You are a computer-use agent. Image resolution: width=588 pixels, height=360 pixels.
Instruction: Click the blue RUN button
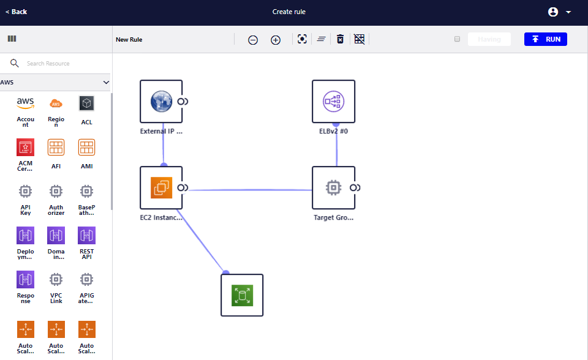tap(545, 39)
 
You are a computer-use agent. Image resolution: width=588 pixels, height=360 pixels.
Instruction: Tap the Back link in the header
tap(17, 12)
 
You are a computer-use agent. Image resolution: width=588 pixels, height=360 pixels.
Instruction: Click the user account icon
tap(553, 12)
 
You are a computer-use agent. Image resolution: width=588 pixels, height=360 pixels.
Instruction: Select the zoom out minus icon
tap(253, 40)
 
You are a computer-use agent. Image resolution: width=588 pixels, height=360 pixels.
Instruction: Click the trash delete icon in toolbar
tap(340, 39)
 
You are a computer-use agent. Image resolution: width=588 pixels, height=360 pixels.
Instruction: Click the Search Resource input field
tap(61, 64)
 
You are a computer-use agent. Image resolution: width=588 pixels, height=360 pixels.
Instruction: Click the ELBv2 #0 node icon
tap(333, 101)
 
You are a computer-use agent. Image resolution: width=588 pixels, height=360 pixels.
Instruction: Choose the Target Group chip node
tap(333, 187)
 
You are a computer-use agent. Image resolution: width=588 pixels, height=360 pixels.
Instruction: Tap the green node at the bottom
tap(242, 295)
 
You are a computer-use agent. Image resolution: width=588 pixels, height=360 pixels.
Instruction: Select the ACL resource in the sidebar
tap(86, 103)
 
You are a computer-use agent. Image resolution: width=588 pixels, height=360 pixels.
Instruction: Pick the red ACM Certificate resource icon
tap(25, 147)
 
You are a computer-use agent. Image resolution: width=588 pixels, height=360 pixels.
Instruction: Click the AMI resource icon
tap(86, 147)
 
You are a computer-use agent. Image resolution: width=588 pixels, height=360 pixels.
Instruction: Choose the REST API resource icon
tap(86, 235)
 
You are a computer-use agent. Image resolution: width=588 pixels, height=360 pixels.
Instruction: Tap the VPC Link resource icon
tap(56, 279)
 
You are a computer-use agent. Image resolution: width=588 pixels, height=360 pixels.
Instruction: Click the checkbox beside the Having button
tap(457, 39)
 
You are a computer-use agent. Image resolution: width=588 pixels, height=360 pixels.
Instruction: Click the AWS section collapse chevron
tap(106, 82)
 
